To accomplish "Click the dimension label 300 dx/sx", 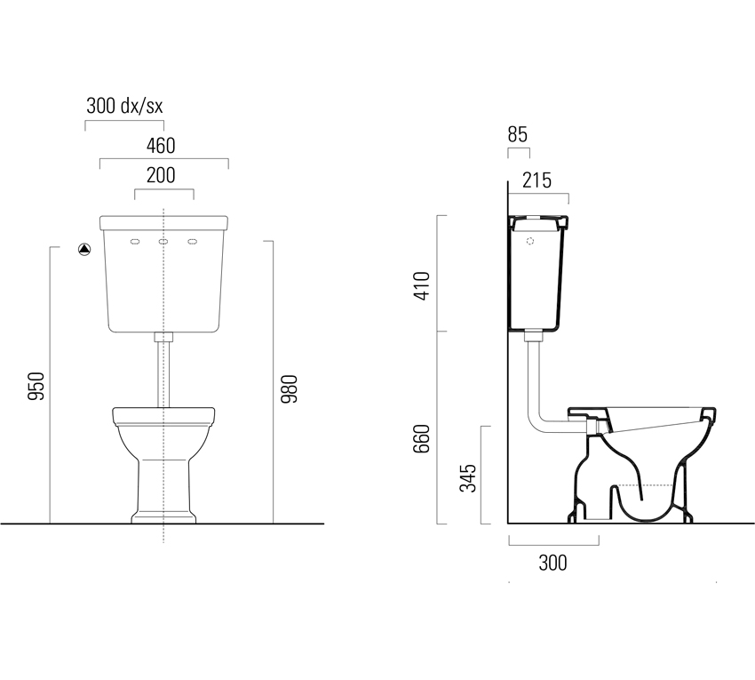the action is pos(124,106).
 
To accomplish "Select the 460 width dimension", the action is pos(161,146).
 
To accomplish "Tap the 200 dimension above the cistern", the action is pos(161,175).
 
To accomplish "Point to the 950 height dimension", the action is pos(36,386).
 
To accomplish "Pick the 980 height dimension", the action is pos(290,389).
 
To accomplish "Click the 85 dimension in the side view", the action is pos(518,134).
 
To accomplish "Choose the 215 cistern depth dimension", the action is pos(536,180).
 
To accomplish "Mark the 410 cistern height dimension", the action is pos(422,286).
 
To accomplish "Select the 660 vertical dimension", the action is pos(421,438).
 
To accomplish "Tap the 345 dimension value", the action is pos(467,478).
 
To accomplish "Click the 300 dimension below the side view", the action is pos(552,563).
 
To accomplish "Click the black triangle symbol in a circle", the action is pos(84,249).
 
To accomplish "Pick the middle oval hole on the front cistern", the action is pos(163,242).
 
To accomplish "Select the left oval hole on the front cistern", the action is pos(135,242).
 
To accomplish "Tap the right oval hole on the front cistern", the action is pos(192,242).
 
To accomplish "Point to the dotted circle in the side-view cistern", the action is pos(530,241).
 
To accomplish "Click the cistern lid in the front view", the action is pos(163,222).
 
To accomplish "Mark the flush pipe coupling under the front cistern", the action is pos(163,338).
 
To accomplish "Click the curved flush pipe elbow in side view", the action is pos(536,420).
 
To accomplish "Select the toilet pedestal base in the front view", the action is pos(163,518).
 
